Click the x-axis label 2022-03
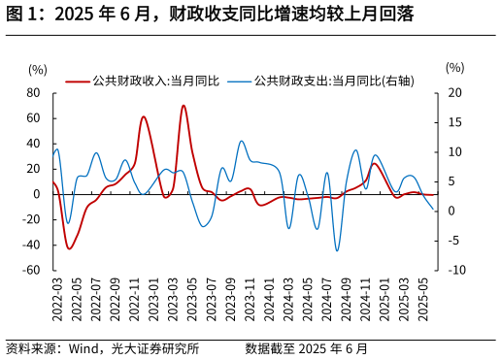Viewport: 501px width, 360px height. coord(56,299)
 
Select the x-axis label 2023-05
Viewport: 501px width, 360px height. coord(191,299)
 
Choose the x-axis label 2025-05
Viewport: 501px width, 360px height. coord(421,299)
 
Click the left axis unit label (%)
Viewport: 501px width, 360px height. coord(38,69)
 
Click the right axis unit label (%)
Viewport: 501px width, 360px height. coord(454,68)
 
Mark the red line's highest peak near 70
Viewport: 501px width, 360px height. coord(183,106)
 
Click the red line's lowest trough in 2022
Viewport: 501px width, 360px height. coord(69,248)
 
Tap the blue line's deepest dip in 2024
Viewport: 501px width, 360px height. coord(337,250)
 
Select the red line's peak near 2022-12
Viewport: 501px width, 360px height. coord(143,117)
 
